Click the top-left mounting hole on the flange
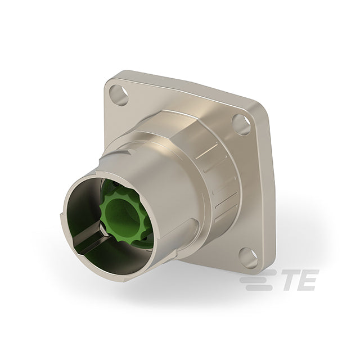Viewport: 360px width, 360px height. (x=119, y=94)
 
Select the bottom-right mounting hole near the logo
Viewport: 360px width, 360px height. (x=249, y=258)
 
